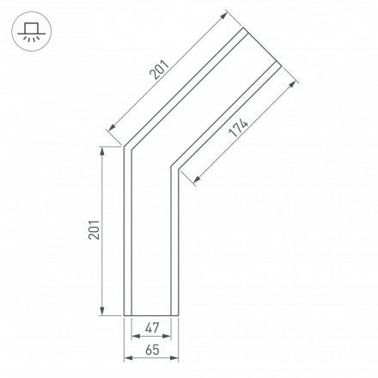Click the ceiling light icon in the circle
point(32,32)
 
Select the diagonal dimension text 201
point(161,68)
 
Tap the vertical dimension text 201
point(94,229)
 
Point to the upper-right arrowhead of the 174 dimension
point(294,84)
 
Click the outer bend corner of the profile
point(125,146)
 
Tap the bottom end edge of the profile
point(152,315)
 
